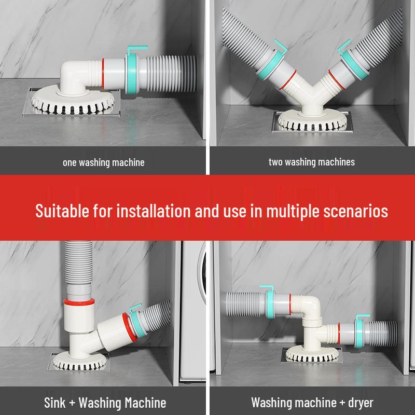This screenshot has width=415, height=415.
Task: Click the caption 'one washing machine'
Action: pos(103,162)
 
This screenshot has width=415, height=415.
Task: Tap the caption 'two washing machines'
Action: pos(311,162)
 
